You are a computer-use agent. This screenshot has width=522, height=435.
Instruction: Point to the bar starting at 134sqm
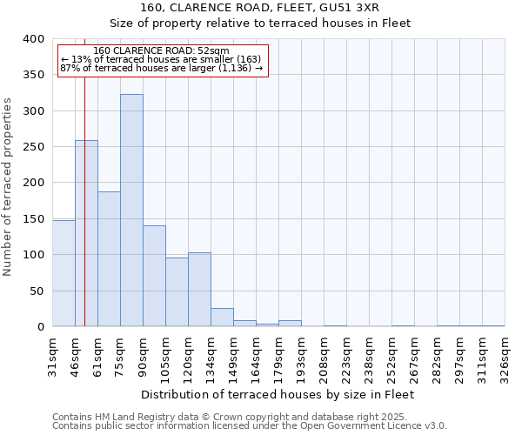[222, 318]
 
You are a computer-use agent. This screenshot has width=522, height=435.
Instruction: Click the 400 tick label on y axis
[34, 39]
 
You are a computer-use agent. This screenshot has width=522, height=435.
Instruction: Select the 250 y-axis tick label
[34, 147]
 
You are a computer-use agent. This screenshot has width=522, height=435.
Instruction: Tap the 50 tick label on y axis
[37, 291]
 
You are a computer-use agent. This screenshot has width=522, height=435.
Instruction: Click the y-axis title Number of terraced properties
[8, 187]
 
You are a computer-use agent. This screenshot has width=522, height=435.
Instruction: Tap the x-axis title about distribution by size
[277, 394]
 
